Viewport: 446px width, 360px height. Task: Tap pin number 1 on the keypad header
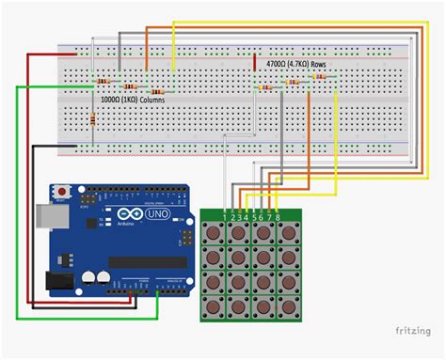click(x=224, y=218)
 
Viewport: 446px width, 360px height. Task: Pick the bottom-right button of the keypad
click(x=284, y=305)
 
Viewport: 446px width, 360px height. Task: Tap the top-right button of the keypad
click(x=284, y=235)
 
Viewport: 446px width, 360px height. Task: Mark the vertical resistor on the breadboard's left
click(x=92, y=119)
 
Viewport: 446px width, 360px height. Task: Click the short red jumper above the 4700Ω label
click(x=255, y=62)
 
